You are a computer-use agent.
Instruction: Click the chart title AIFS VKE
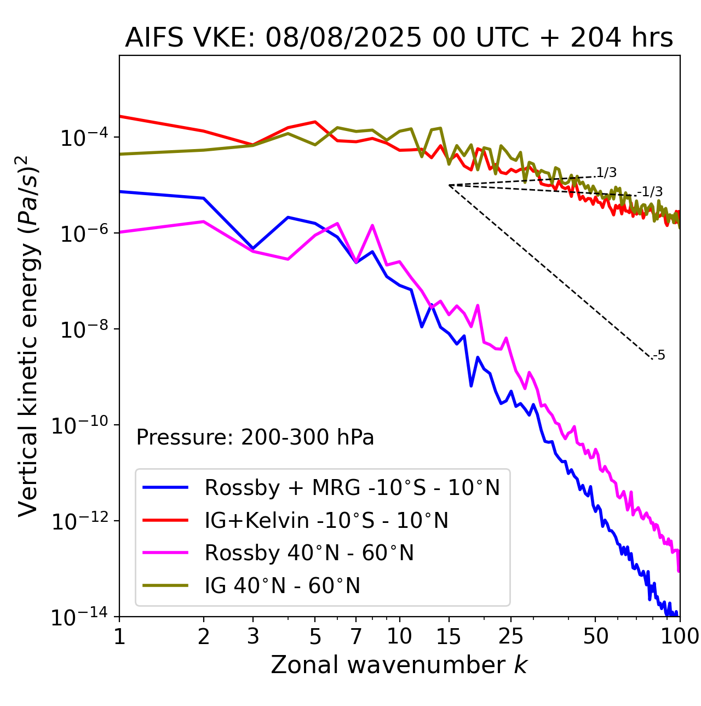point(399,38)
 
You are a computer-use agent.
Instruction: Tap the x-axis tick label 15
point(449,636)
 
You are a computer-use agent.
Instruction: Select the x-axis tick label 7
point(356,636)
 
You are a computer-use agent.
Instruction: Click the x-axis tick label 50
point(595,636)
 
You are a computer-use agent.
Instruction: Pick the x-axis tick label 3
point(253,636)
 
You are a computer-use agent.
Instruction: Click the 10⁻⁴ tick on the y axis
point(82,138)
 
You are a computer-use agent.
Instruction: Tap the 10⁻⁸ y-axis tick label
point(82,330)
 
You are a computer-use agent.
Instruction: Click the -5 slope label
point(659,356)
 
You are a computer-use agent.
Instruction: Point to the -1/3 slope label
point(651,192)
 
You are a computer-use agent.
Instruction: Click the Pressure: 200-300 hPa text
point(255,437)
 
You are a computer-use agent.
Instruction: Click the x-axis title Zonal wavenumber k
point(399,665)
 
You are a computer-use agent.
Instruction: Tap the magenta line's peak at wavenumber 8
point(372,225)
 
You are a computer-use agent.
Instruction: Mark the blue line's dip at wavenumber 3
point(253,248)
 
